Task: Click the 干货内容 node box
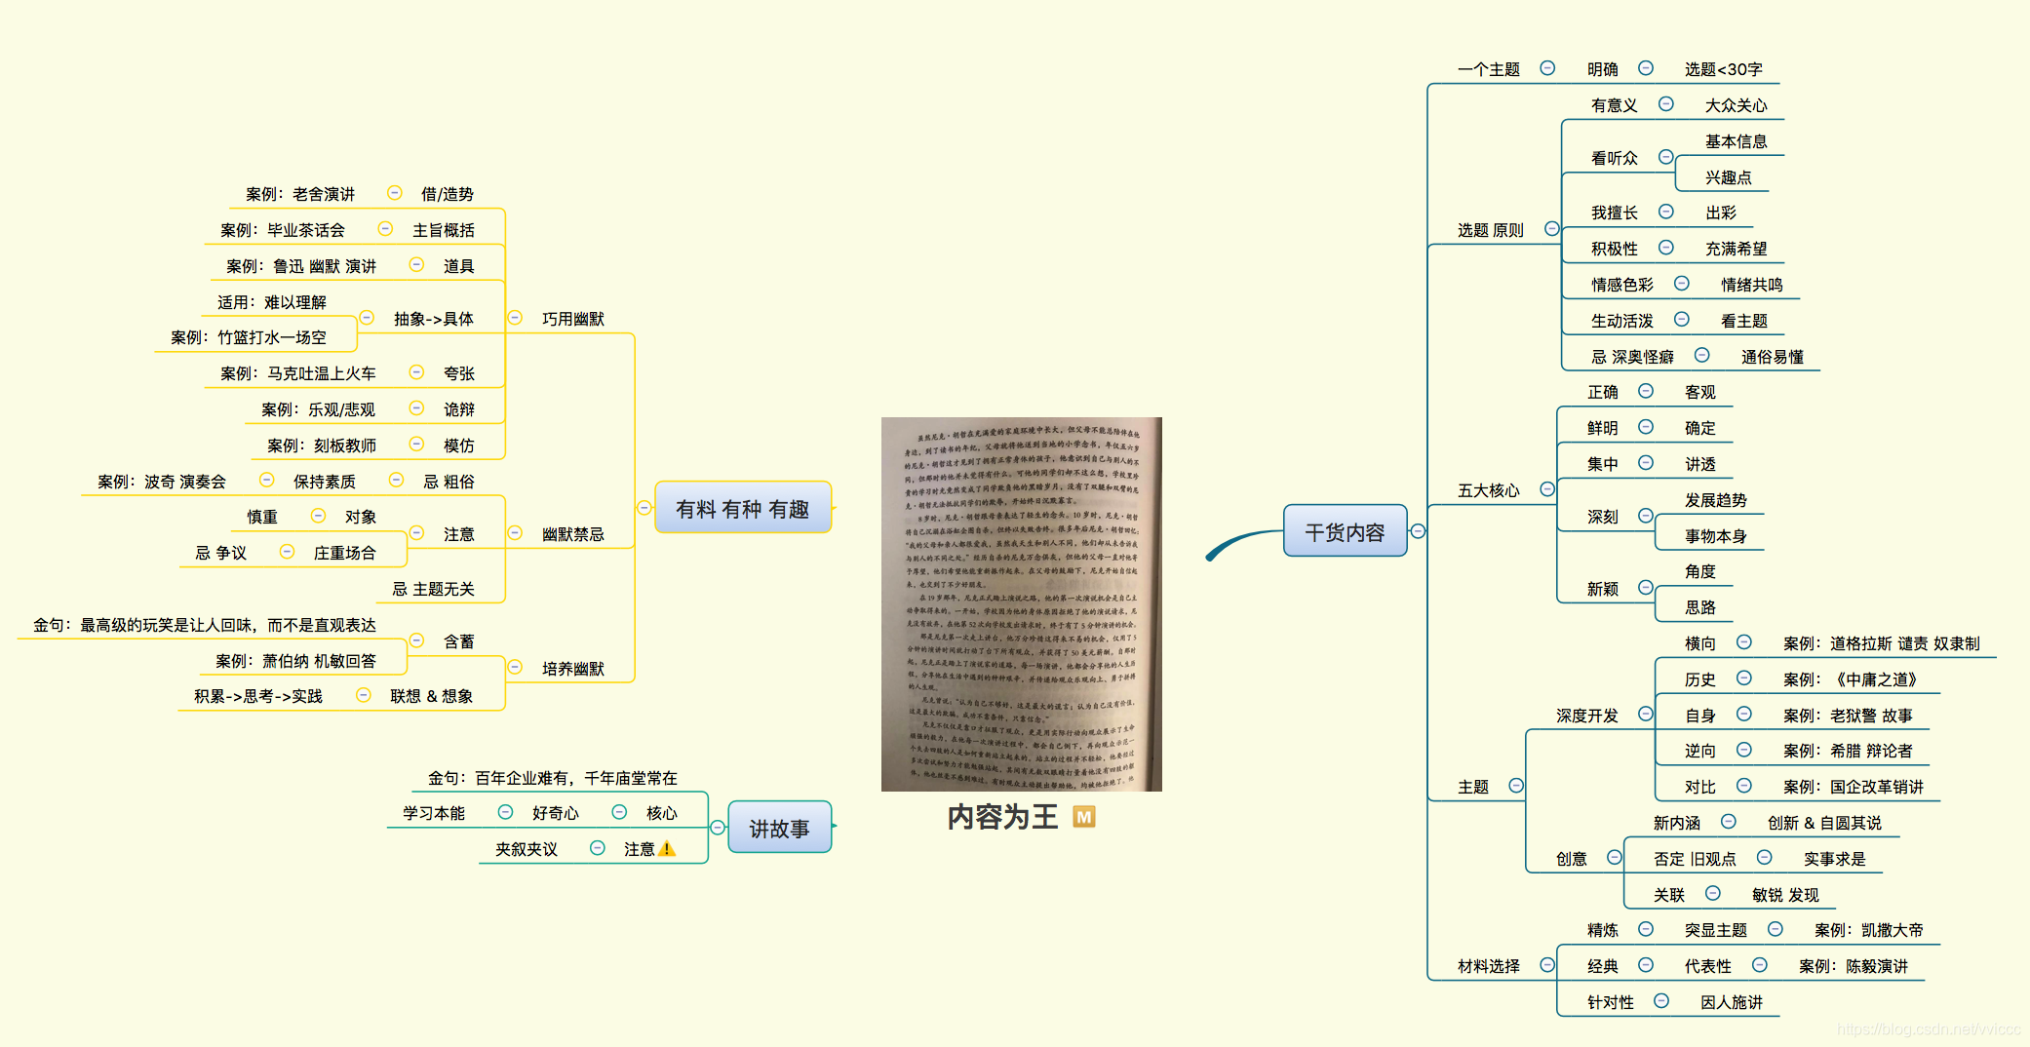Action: tap(1345, 531)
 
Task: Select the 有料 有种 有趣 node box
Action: tap(742, 508)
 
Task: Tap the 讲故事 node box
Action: tap(779, 828)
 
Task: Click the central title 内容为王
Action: tap(1002, 817)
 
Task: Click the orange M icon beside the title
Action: tap(1083, 817)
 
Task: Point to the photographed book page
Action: tap(1021, 603)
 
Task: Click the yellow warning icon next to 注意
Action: tap(667, 849)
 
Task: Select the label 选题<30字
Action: tap(1723, 69)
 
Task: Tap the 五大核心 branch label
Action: tap(1488, 490)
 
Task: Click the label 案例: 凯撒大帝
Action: tap(1868, 930)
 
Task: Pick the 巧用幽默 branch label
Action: tap(572, 319)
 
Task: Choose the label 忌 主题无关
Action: tap(433, 589)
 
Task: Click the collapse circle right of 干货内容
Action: tap(1418, 531)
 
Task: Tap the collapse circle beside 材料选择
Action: tap(1546, 965)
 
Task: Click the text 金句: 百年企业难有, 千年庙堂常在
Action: tap(552, 778)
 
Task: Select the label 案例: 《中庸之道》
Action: tap(1849, 679)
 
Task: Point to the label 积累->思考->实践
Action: tap(257, 696)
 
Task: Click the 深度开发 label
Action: tap(1586, 716)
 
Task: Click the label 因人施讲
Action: tap(1731, 1002)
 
